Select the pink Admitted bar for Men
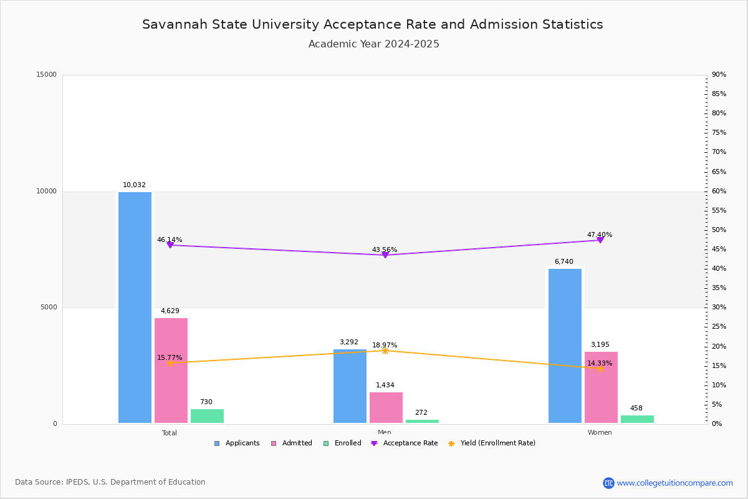coord(386,408)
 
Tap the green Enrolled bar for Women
coord(637,419)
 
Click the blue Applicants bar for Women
coord(565,346)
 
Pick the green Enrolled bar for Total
coord(207,416)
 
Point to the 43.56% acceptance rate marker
coord(385,254)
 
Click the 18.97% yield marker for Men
coord(385,351)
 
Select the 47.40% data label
coord(599,235)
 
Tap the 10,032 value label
coord(134,185)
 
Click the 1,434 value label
coord(385,385)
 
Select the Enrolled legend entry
coord(342,443)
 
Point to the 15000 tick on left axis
coord(47,75)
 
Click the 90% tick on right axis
coord(719,75)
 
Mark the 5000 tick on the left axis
coord(49,308)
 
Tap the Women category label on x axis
coord(600,433)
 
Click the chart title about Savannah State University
coord(373,25)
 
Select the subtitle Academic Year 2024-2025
coord(374,44)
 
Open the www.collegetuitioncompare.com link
coord(674,483)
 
